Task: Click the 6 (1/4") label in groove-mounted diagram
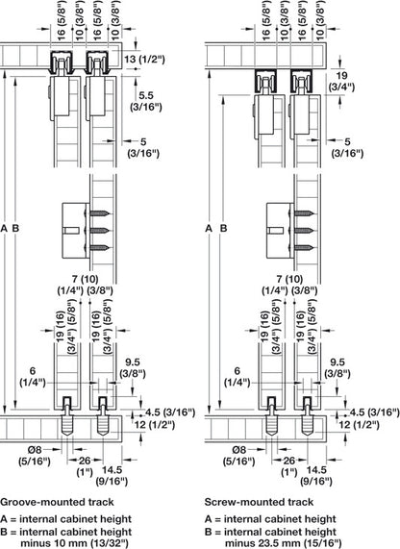coord(35,375)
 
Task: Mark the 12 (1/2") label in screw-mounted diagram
coord(376,423)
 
